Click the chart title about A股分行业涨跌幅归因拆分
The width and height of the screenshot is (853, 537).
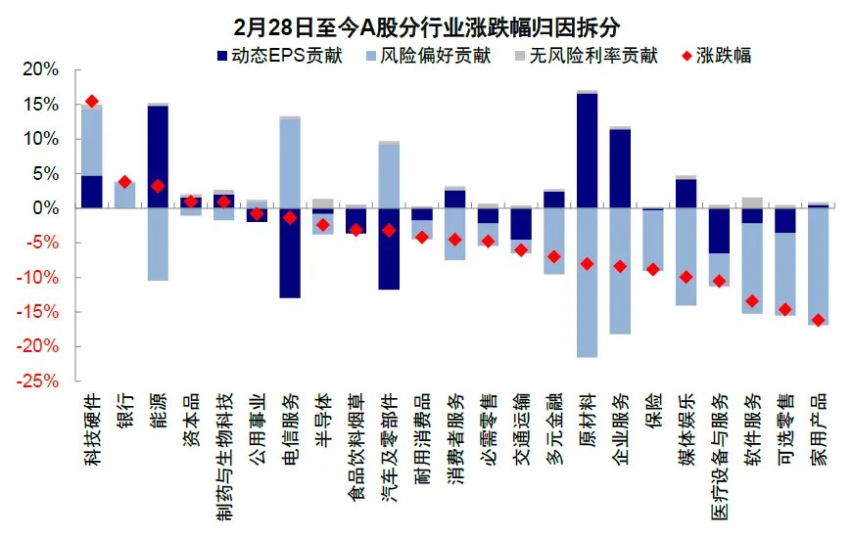[x=426, y=24]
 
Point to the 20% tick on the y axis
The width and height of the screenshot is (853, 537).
[x=40, y=70]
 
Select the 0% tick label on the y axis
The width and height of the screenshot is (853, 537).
[x=45, y=208]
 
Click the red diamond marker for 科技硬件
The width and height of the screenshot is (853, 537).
[x=92, y=102]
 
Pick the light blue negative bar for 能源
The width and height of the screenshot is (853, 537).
[x=158, y=245]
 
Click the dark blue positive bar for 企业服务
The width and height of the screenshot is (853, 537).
[x=621, y=168]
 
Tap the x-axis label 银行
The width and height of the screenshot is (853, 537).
[x=124, y=411]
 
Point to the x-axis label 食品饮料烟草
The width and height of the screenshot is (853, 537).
[x=356, y=435]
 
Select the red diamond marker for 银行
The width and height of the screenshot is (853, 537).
[x=124, y=182]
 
